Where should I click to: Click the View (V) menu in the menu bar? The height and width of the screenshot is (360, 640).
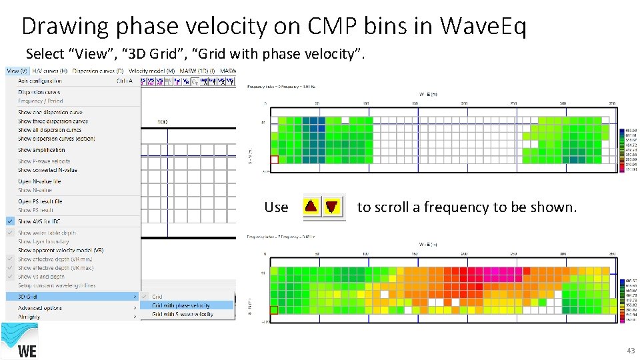click(x=17, y=71)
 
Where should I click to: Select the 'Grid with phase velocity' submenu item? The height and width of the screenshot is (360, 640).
click(x=181, y=305)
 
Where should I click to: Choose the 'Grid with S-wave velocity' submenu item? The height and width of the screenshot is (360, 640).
click(x=182, y=314)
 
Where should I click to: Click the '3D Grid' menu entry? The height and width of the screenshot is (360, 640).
click(x=28, y=296)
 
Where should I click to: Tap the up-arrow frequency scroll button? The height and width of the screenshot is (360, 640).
click(x=311, y=207)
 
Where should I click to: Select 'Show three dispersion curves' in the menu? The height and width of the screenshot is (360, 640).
click(x=53, y=121)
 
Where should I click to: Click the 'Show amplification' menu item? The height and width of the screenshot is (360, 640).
click(x=41, y=150)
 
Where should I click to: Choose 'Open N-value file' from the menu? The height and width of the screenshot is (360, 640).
click(x=39, y=181)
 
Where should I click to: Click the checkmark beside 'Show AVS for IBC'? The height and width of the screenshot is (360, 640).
click(x=10, y=221)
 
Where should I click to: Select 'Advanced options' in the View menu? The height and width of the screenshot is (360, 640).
click(x=40, y=308)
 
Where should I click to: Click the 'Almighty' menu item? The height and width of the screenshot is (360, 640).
click(x=29, y=317)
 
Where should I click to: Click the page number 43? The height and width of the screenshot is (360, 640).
click(x=630, y=351)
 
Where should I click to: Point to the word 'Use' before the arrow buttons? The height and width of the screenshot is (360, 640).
click(x=276, y=207)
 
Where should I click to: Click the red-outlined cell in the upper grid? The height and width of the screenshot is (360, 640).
click(x=274, y=160)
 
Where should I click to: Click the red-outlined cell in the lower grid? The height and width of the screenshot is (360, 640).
click(x=273, y=310)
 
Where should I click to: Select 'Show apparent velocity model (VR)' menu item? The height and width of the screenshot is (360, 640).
click(x=61, y=250)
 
